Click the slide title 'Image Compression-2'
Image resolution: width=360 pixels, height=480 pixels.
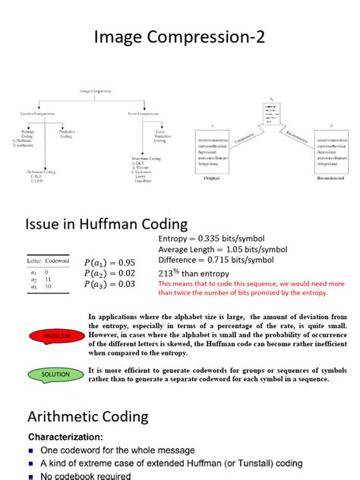click(179, 36)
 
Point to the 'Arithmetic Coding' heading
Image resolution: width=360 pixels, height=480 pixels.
click(88, 416)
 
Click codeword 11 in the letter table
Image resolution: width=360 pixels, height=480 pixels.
click(46, 279)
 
